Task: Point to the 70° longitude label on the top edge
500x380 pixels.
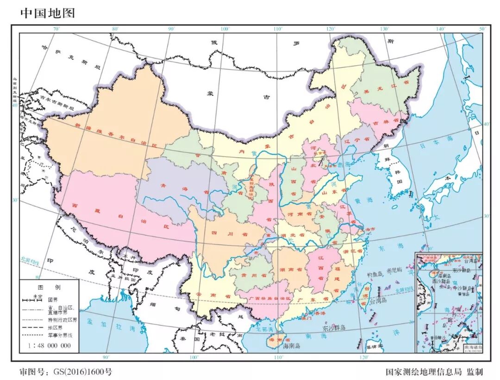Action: (56, 29)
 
